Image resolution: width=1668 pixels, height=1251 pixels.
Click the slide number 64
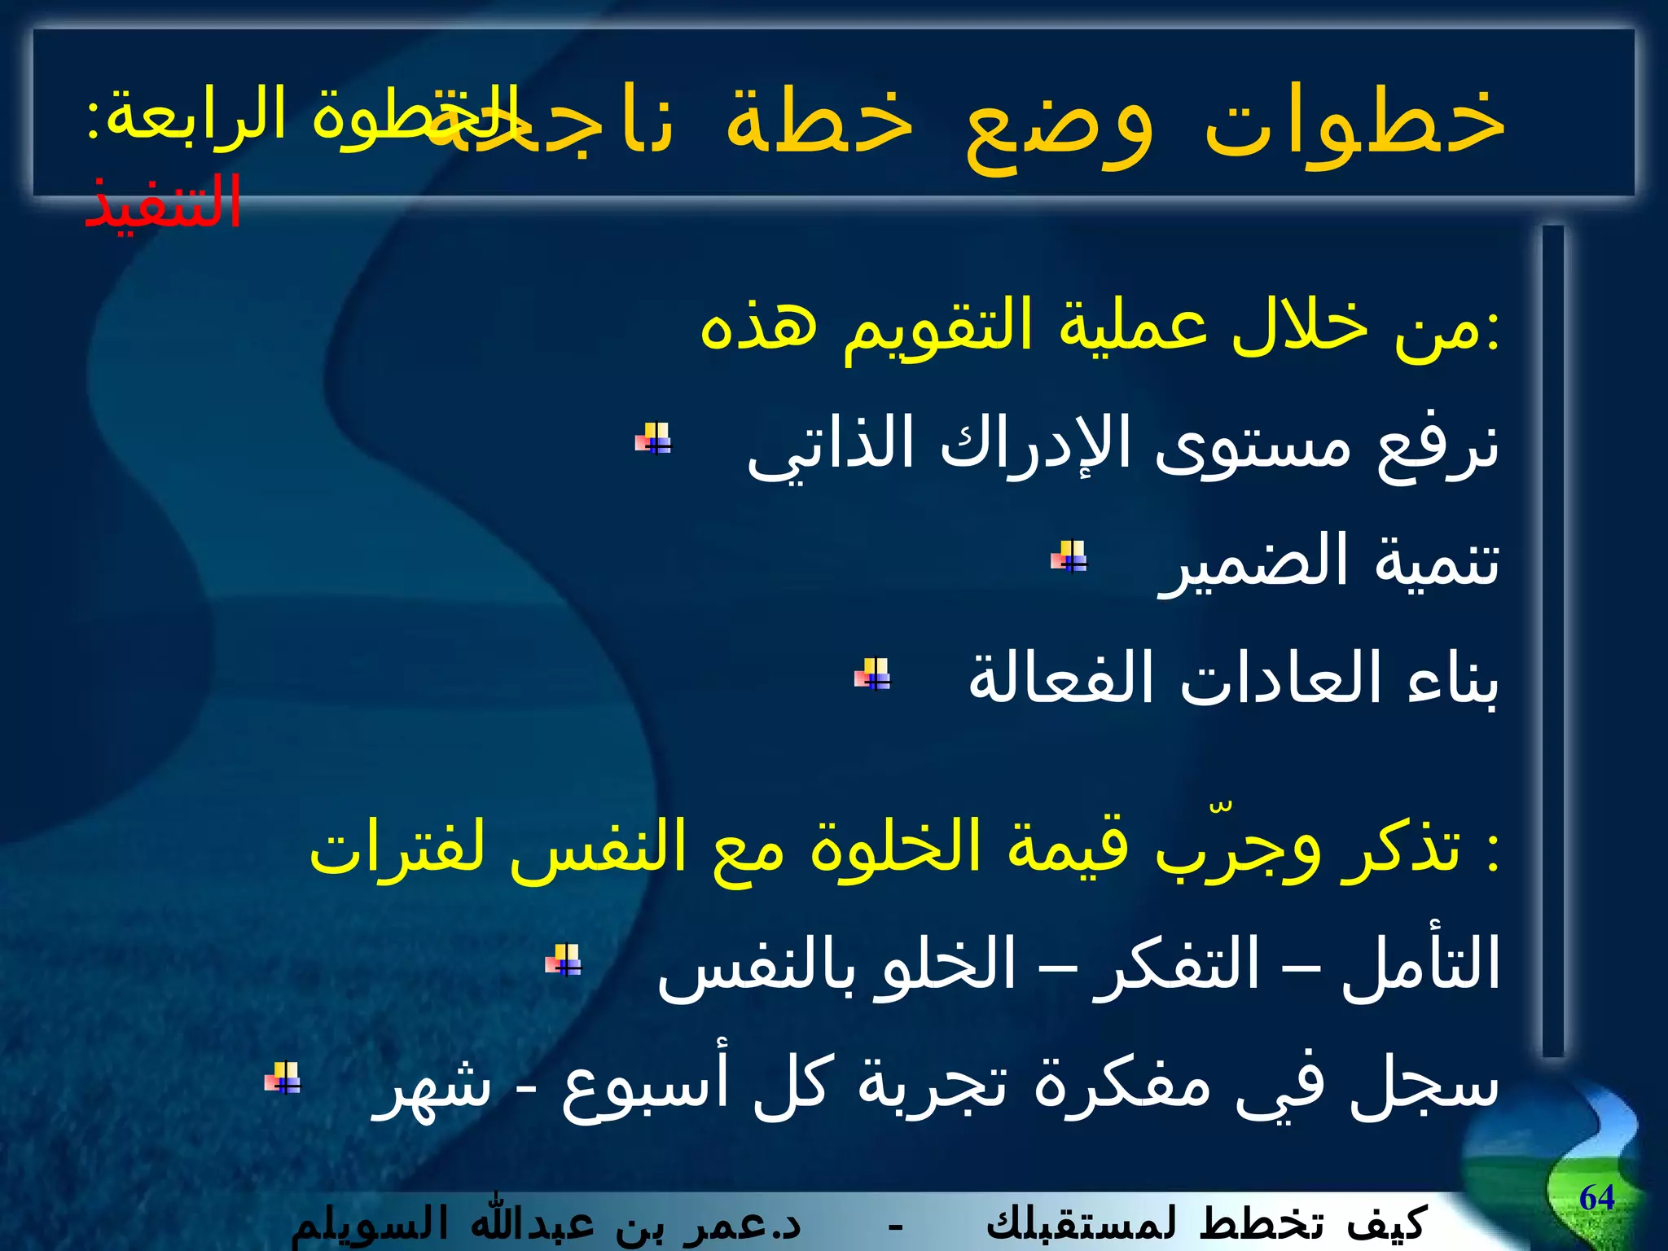[x=1596, y=1198]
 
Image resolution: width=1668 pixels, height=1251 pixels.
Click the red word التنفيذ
[x=163, y=202]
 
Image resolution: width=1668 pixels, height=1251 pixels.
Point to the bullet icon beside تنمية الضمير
[x=1069, y=557]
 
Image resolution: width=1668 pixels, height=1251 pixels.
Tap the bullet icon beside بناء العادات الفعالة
[x=872, y=674]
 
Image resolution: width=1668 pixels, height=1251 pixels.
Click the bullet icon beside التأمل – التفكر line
[x=564, y=959]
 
